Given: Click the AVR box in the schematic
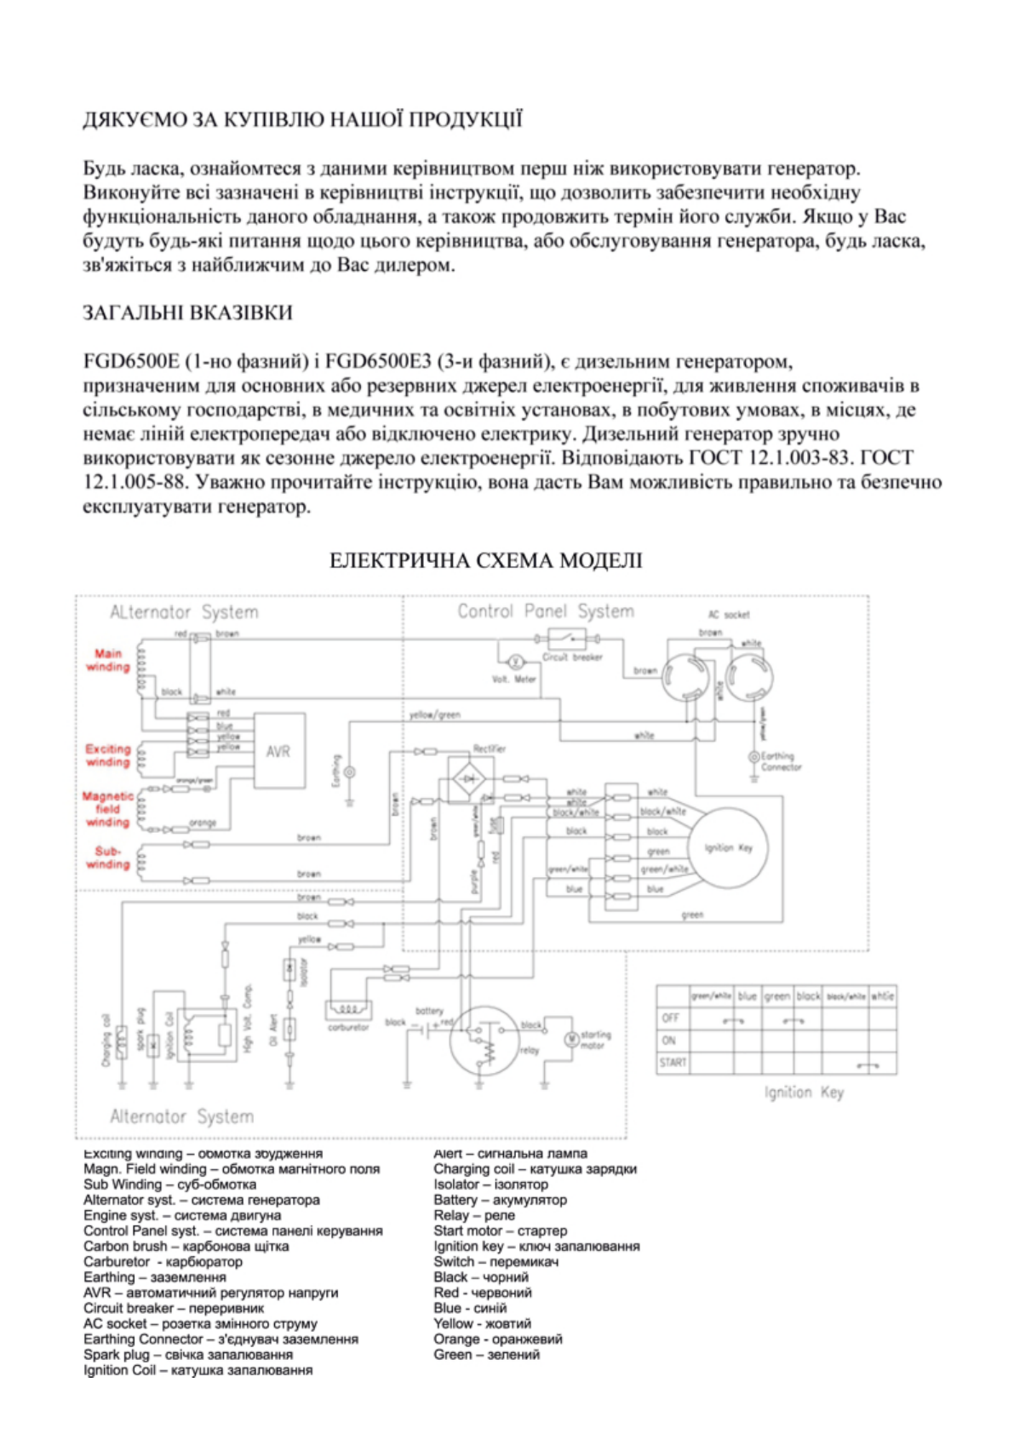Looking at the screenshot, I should [x=278, y=751].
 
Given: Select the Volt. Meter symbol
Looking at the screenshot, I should [x=514, y=662].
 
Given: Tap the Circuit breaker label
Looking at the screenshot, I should [x=572, y=657].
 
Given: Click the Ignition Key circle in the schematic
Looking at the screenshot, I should [x=728, y=847].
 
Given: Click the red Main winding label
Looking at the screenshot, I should [x=108, y=660].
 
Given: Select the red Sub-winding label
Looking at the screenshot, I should [x=107, y=858].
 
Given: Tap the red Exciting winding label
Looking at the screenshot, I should [x=107, y=755].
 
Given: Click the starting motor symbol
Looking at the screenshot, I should [x=572, y=1039].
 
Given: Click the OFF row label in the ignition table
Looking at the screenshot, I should [x=671, y=1018].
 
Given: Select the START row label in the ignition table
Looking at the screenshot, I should [x=672, y=1063].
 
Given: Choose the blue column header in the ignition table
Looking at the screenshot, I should [x=747, y=995].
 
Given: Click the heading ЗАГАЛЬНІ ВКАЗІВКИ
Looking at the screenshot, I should [x=187, y=313].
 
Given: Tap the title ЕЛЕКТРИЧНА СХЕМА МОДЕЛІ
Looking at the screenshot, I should [x=485, y=560].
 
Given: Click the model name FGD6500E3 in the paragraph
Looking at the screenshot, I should [x=379, y=362].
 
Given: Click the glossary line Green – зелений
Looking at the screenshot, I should [x=486, y=1354].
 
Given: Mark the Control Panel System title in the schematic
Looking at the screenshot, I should [x=545, y=611].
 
